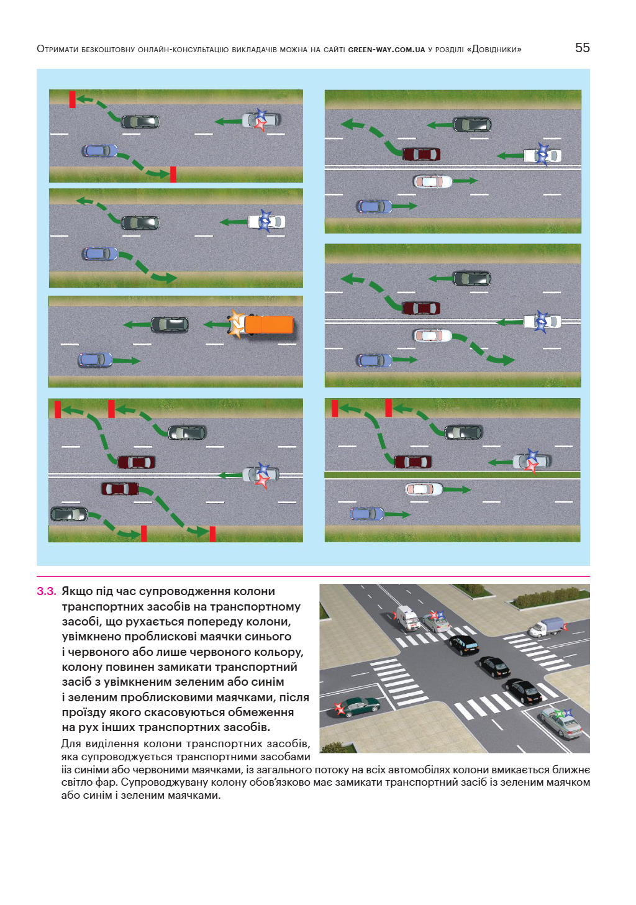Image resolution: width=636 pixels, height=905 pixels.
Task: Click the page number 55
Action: pyautogui.click(x=582, y=48)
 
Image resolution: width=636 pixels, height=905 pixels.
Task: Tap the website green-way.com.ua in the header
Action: pyautogui.click(x=386, y=50)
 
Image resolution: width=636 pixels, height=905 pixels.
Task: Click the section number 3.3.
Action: pyautogui.click(x=47, y=591)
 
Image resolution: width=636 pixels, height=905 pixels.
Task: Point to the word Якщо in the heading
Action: pyautogui.click(x=77, y=591)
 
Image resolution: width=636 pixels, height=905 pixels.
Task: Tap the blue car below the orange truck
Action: pyautogui.click(x=95, y=360)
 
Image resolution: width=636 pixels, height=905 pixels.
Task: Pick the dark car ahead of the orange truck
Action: pyautogui.click(x=170, y=324)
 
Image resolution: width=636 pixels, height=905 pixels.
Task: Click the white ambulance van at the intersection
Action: pyautogui.click(x=407, y=618)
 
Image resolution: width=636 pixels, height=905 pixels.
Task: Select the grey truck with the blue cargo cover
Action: pyautogui.click(x=547, y=627)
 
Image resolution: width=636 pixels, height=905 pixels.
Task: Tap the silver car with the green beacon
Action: pyautogui.click(x=561, y=722)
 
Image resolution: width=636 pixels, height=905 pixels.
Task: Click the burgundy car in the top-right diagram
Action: pyautogui.click(x=421, y=153)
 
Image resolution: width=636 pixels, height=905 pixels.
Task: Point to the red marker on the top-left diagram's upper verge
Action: pyautogui.click(x=72, y=99)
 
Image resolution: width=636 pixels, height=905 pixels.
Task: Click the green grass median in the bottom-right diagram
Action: pyautogui.click(x=452, y=475)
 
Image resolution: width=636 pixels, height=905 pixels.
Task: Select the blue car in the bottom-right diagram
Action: pyautogui.click(x=366, y=513)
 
